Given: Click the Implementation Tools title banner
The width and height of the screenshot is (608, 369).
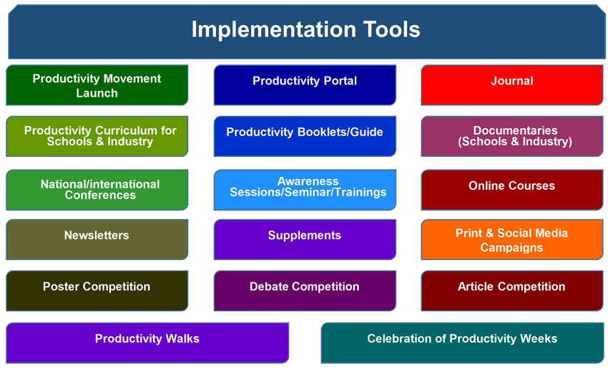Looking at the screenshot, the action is [307, 32].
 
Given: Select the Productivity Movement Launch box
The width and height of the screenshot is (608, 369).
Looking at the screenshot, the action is [97, 85].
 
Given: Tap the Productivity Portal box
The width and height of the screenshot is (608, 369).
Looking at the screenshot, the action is [305, 85].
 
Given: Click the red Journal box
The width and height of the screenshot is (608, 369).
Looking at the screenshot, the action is [512, 85].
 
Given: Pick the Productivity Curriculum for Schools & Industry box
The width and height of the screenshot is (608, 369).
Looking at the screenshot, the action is [97, 136].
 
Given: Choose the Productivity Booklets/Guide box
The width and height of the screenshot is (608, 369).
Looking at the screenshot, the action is [305, 136].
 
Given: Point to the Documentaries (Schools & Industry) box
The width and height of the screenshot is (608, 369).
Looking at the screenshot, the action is [512, 136].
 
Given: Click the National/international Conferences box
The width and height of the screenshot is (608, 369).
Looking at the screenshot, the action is [97, 190].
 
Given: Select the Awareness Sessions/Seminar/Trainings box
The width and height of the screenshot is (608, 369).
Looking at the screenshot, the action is [305, 190].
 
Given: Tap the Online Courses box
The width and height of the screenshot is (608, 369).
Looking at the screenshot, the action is [512, 190].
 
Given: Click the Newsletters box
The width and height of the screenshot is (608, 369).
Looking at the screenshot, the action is [97, 239].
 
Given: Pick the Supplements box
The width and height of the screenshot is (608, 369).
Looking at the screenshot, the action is [305, 239].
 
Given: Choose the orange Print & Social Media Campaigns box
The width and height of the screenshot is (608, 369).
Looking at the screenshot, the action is [512, 239].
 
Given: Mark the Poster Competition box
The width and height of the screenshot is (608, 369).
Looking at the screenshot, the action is [97, 291].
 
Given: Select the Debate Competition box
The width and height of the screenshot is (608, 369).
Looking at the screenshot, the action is [305, 291].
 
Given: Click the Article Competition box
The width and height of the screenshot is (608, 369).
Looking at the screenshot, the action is [512, 291].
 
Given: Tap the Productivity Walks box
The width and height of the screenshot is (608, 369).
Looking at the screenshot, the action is [147, 343].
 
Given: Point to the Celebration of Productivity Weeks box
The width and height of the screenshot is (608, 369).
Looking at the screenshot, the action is [462, 343].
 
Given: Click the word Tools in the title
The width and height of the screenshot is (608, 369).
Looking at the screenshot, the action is [392, 29].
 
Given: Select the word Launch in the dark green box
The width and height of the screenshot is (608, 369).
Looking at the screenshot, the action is [97, 93].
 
